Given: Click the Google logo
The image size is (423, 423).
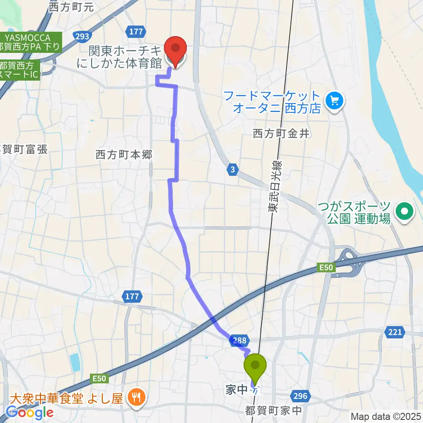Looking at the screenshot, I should pyautogui.click(x=30, y=412).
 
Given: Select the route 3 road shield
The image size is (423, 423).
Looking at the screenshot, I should pyautogui.click(x=233, y=168).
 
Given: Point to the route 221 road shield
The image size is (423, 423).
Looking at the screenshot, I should pyautogui.click(x=394, y=332).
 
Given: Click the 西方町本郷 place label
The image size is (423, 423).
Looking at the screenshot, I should pyautogui.click(x=124, y=155).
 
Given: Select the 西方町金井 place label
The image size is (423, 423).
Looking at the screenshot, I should pyautogui.click(x=281, y=133).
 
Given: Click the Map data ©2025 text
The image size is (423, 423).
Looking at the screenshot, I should pyautogui.click(x=386, y=416).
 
